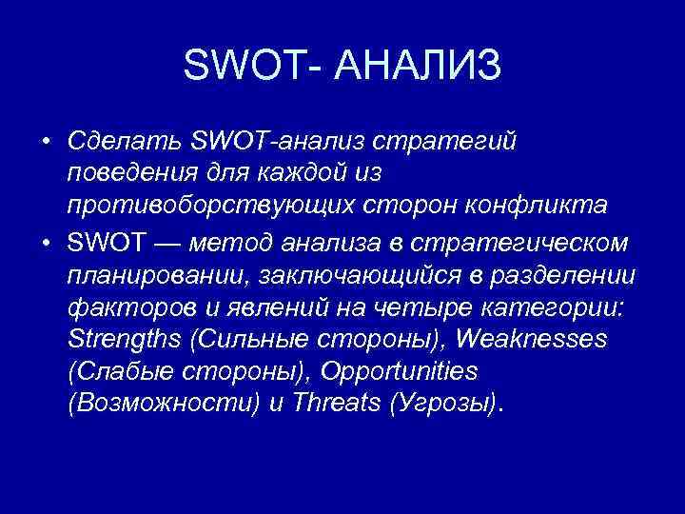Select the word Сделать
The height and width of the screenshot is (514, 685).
click(x=125, y=142)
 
